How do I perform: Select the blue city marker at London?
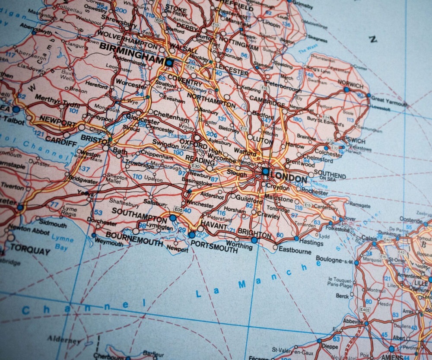[265, 172]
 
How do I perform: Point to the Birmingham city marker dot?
[169, 63]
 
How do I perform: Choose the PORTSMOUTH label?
[214, 245]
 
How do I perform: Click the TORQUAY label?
[30, 249]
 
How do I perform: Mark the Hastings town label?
[311, 242]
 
